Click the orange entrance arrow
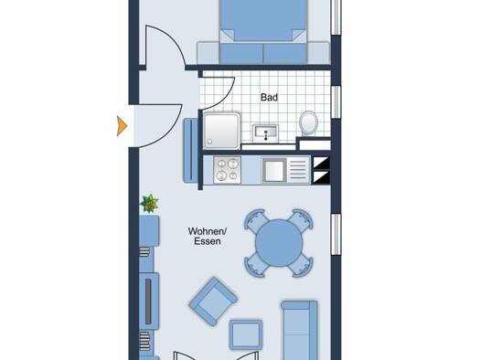pos(122,126)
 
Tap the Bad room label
pos(269,98)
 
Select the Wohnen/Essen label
pos(208,236)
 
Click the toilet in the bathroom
pos(308,123)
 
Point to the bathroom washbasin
pos(265,132)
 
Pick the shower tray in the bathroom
pos(222,131)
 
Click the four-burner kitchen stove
pos(227,170)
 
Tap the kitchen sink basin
pos(274,170)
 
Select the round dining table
pos(279,243)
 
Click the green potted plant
pos(149,204)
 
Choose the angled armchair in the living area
pos(213,302)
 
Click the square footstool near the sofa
pos(246,334)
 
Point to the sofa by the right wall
pos(299,331)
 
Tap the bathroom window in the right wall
pos(336,101)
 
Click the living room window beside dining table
pos(336,234)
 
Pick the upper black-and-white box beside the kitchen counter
pos(321,163)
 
